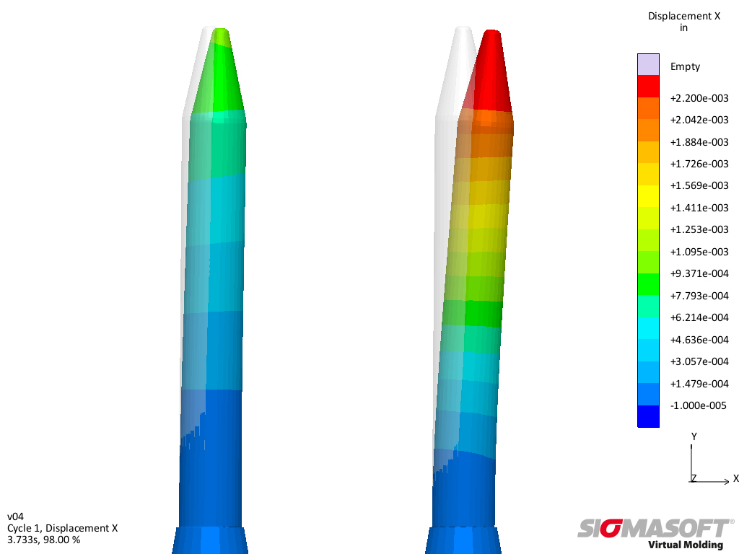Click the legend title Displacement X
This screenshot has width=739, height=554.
[683, 17]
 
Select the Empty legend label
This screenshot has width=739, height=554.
[685, 66]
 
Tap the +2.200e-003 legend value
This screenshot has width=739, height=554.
[699, 98]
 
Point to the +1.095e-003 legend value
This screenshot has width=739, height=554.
[699, 252]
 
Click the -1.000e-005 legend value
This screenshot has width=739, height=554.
[699, 405]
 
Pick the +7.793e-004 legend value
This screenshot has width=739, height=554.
[699, 296]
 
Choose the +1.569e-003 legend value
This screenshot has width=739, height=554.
[699, 185]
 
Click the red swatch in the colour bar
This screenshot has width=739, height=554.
[648, 86]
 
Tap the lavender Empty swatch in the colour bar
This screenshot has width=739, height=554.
[648, 64]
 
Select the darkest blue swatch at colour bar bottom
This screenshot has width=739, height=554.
[648, 416]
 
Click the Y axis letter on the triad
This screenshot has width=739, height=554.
[694, 436]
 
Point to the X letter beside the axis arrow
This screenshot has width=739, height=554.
[735, 478]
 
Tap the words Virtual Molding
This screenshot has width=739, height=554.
[686, 545]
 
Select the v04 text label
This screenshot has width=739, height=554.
[15, 516]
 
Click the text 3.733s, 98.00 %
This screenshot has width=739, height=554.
[43, 539]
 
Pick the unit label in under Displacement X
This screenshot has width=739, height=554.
[683, 28]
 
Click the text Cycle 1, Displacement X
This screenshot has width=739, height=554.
[62, 528]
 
